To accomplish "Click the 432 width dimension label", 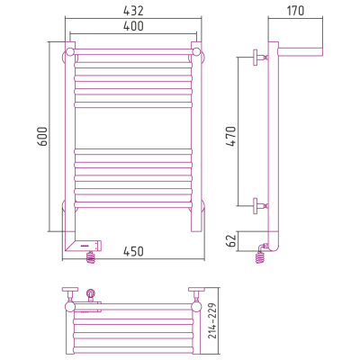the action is point(133,11).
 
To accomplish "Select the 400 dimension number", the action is point(133,26).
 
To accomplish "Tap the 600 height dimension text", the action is point(43,137).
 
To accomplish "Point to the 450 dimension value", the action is point(133,251).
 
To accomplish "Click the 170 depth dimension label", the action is point(295,11).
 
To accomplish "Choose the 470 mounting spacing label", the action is point(231,137).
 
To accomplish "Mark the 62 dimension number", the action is point(231,241).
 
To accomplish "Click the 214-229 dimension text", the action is point(212,320).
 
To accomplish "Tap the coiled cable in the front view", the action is point(91,258).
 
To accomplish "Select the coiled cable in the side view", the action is point(260,256).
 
